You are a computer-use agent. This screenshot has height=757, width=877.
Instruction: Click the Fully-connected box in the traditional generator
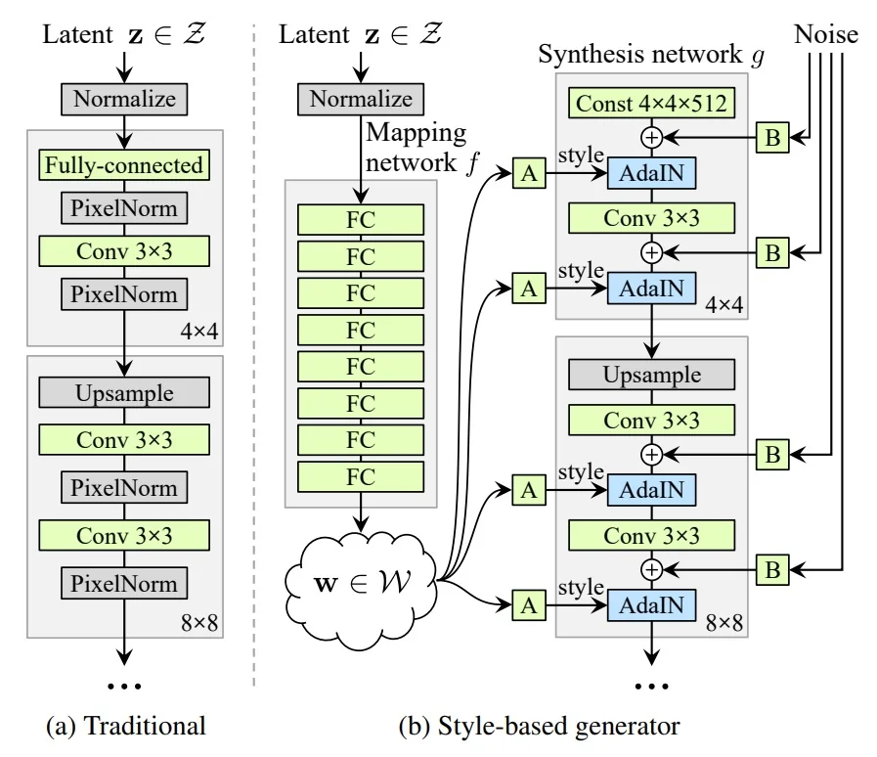124,164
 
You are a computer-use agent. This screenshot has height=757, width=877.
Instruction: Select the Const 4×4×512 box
651,102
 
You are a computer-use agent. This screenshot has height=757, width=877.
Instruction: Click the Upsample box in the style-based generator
651,375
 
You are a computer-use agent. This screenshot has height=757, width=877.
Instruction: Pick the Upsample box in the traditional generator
124,393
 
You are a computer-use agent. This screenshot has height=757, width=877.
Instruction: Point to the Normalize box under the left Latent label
124,99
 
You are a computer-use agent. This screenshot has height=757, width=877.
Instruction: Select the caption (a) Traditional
126,726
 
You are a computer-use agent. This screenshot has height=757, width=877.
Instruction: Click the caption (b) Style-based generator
539,726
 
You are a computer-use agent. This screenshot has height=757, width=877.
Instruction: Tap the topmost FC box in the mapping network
361,220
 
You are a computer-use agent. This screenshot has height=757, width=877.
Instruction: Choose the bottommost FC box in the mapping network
361,476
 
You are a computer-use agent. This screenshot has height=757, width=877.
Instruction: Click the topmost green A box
529,175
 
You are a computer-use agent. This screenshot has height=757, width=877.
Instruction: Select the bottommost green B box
772,570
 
